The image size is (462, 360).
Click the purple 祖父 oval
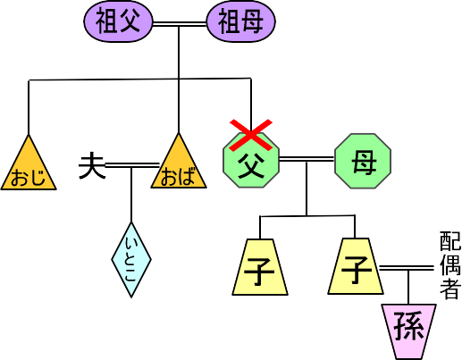(118, 21)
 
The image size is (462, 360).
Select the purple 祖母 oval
(241, 21)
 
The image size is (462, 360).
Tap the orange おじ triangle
(29, 167)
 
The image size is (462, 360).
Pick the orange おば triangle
(179, 165)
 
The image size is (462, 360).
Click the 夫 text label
(92, 165)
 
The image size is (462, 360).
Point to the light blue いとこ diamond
(131, 260)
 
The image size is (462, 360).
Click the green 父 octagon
(251, 161)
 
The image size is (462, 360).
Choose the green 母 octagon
(363, 161)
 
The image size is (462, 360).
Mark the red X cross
(251, 135)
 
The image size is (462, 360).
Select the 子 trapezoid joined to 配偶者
(356, 266)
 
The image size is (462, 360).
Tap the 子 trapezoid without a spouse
(260, 267)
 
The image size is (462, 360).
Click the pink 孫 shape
(409, 331)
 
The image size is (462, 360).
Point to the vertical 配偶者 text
(450, 265)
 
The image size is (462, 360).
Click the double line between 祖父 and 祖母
(180, 24)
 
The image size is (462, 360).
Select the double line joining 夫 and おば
(132, 165)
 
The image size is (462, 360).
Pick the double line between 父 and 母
(307, 159)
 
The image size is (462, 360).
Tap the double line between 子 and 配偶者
(407, 268)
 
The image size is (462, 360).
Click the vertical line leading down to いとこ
(131, 195)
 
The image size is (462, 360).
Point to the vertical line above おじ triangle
(29, 107)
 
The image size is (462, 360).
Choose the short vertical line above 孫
(408, 288)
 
